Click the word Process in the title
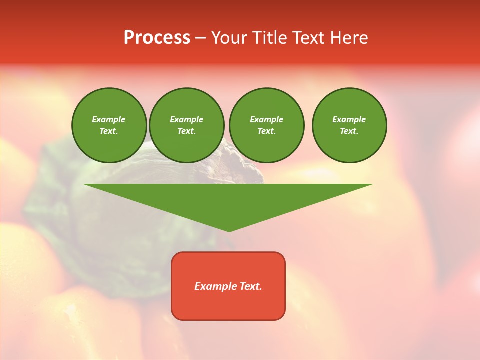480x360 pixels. (157, 38)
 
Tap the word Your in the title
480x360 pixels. (229, 38)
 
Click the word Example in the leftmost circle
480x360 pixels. (109, 119)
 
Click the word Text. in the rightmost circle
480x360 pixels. (349, 131)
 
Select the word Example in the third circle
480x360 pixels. (266, 119)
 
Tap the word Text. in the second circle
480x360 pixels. (186, 131)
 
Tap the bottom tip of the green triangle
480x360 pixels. (229, 231)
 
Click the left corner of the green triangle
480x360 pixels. (85, 185)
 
